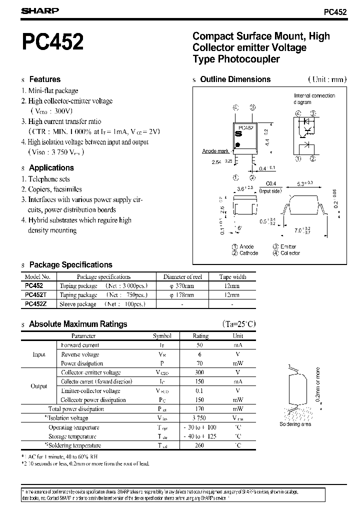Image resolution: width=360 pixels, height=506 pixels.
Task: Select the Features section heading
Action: [x=44, y=79]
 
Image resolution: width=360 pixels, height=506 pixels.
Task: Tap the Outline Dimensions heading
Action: [x=235, y=79]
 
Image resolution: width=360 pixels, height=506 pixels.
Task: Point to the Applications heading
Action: [x=51, y=167]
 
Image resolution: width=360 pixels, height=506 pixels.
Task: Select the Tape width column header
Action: [x=232, y=276]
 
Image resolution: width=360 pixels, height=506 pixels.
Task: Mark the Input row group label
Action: [x=39, y=354]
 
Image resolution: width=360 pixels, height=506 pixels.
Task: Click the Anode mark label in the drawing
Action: [x=215, y=151]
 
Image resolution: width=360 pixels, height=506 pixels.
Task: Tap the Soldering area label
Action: [x=295, y=424]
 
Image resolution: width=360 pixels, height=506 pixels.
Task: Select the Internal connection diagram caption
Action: [x=314, y=98]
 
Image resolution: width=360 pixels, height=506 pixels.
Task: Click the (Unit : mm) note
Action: [x=326, y=79]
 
